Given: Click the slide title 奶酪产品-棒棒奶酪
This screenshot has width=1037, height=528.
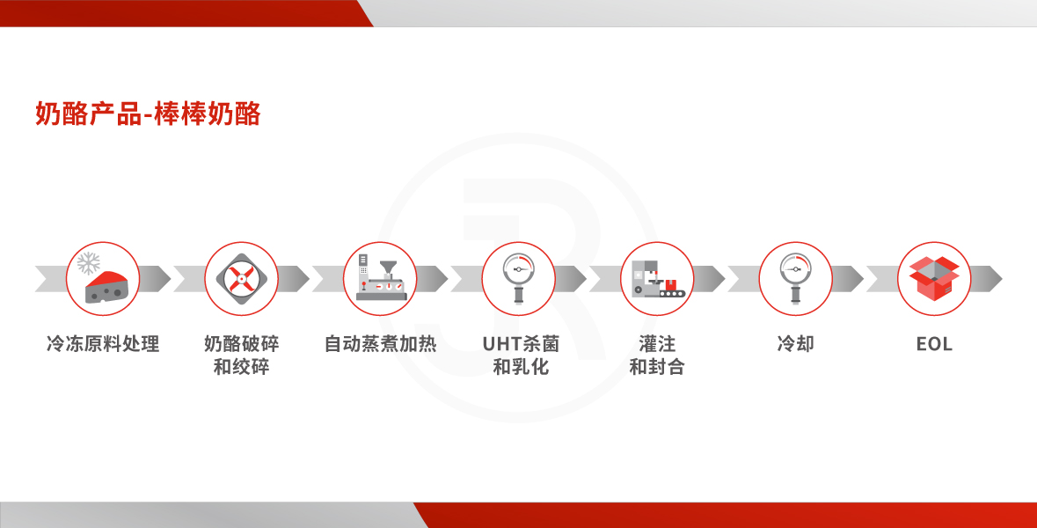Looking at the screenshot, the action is point(148,114).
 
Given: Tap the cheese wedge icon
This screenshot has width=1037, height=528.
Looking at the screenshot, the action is point(106,287).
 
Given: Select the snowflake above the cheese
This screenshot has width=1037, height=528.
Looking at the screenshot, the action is point(88,263).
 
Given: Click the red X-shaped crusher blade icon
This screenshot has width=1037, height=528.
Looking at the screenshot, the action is point(241,279).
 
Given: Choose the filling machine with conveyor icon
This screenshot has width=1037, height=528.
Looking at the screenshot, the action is point(657,279).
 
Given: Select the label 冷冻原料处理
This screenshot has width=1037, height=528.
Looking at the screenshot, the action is point(103,343).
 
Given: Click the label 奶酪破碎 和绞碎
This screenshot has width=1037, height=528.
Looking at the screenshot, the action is point(241,355).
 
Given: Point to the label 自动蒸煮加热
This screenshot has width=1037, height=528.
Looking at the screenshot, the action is point(380,343).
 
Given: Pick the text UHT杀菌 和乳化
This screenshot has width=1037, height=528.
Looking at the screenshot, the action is point(521,355).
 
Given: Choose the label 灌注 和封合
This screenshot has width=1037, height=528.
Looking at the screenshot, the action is point(657,355).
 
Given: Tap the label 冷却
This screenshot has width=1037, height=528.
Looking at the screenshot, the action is point(796,343).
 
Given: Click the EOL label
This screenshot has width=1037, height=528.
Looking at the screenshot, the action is point(934,344).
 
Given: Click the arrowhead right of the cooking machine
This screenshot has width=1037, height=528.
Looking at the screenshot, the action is point(433,279).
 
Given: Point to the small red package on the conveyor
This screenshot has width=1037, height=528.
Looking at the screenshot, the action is point(670,284).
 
